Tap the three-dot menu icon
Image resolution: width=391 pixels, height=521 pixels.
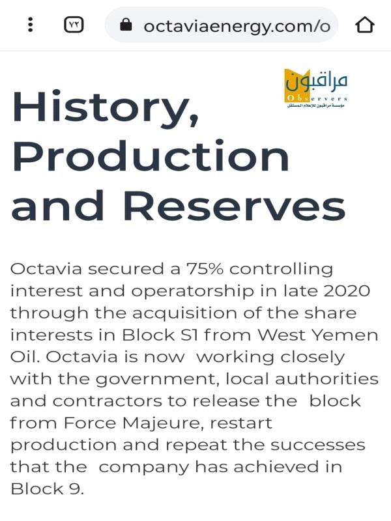click(30, 25)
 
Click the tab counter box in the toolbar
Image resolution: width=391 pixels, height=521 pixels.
click(74, 25)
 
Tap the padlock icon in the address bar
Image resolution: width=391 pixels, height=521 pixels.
click(126, 24)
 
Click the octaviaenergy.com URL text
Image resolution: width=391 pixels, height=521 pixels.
click(237, 26)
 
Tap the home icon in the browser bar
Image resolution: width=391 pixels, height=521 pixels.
click(365, 25)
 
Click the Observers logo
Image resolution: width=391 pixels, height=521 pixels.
click(316, 88)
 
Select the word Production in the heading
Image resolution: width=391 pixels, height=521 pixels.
click(151, 156)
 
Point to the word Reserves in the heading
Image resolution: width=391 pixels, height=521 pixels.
click(237, 205)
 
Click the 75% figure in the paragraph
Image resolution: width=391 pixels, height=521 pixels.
click(205, 268)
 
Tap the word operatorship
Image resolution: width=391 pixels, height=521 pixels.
click(193, 292)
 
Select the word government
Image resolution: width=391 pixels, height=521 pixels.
click(158, 380)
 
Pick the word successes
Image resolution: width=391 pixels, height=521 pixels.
click(317, 445)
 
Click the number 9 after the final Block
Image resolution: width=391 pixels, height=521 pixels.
click(75, 489)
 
